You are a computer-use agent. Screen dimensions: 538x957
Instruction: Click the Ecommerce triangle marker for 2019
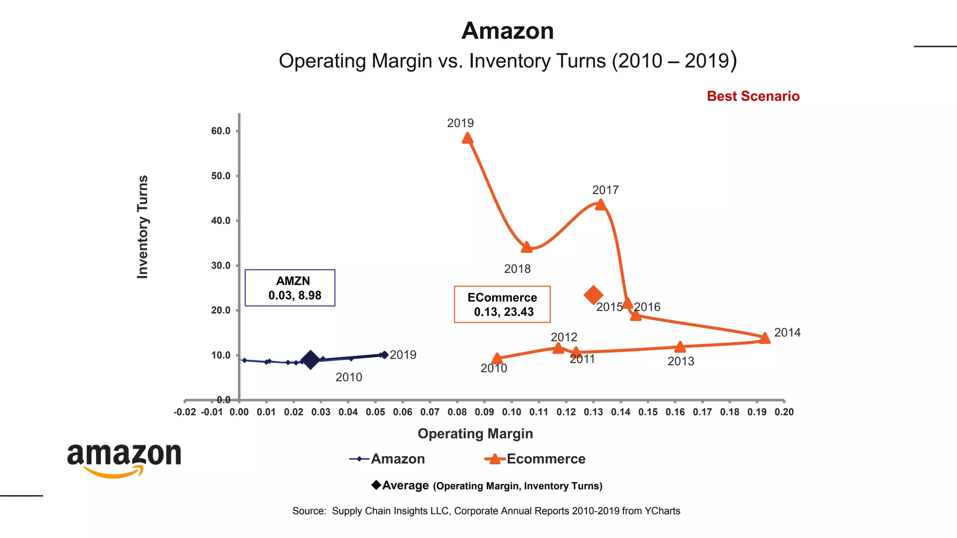467,138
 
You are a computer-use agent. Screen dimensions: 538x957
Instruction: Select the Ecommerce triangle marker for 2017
600,205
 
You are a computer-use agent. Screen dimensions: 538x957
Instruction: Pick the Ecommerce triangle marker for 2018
527,248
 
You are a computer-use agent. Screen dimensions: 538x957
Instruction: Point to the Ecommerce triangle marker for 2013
680,347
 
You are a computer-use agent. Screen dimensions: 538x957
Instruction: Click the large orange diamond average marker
593,295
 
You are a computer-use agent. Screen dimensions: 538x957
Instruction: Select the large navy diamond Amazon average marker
310,360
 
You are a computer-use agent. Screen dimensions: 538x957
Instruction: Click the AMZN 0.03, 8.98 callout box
290,288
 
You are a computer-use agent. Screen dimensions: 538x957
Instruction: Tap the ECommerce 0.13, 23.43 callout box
502,304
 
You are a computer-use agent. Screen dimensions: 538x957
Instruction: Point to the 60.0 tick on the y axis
221,131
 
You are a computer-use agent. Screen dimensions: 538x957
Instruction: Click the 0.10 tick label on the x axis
511,412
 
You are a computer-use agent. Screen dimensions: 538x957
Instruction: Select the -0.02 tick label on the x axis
185,412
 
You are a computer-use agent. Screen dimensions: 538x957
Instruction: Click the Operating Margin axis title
475,433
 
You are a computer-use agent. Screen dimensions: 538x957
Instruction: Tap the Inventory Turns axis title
143,227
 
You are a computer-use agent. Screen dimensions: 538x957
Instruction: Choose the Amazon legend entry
387,459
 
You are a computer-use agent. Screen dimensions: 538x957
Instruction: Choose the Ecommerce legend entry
536,459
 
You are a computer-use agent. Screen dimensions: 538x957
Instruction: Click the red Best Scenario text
753,96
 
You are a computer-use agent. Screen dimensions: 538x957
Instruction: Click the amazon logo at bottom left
124,460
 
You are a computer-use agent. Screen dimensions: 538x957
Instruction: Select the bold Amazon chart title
507,31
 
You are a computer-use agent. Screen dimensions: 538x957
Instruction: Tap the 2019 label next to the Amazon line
403,355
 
